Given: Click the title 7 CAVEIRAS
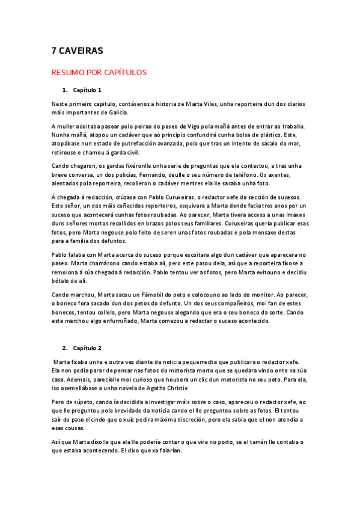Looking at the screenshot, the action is coord(78,52).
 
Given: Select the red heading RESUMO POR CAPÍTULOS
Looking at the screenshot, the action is coord(99,73).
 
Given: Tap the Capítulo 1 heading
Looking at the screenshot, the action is coord(88,90).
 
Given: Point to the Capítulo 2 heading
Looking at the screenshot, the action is coord(88,348).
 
